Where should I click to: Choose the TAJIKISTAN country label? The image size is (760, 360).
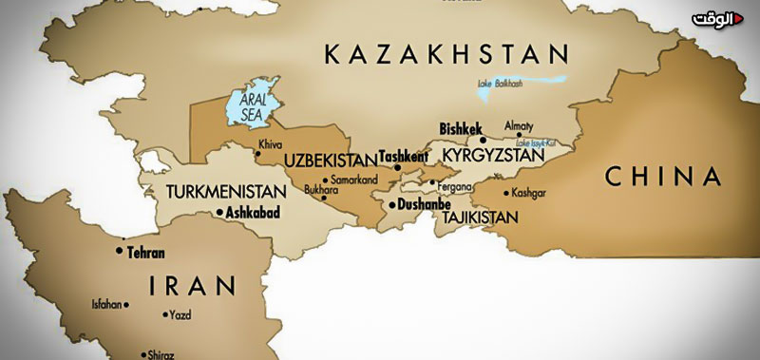479,218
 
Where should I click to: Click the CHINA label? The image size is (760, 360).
663,175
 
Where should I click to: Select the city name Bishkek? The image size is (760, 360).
462,128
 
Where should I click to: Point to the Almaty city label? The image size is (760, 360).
518,125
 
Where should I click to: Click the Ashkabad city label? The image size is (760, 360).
253,215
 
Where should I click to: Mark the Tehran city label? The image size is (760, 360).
145,253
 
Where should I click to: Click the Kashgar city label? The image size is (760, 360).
528,193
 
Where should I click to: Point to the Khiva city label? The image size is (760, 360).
270,145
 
